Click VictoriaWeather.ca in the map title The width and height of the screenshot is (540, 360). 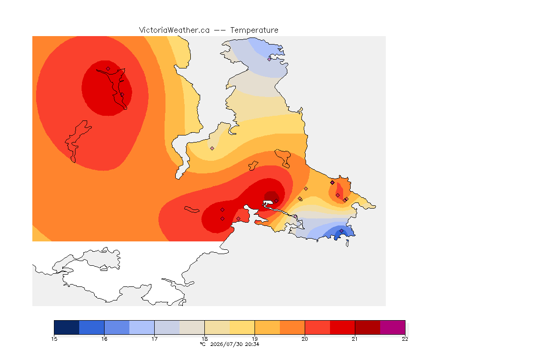coord(174,30)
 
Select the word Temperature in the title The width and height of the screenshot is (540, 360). coord(254,30)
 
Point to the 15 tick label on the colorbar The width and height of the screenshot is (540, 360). coord(54,339)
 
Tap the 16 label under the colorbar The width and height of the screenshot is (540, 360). coord(105,339)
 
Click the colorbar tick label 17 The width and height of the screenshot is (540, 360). coord(154,339)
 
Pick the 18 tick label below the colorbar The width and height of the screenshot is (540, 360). coord(204,339)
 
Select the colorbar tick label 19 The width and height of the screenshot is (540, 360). coord(255,339)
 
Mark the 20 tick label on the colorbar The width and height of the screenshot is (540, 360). coord(305,339)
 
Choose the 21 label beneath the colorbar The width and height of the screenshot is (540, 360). coord(355,339)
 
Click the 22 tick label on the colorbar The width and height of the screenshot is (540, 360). coord(405,339)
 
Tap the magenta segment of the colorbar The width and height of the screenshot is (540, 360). coord(393,327)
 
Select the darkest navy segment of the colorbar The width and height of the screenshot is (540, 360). coord(67,327)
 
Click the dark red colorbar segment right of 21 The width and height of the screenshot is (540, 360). coord(367,327)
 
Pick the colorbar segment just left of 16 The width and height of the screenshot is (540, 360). coord(91,327)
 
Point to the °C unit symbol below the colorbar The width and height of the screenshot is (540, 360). coord(203,344)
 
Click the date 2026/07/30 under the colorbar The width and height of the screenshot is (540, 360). coord(226,344)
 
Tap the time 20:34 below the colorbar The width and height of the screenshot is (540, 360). coord(252,344)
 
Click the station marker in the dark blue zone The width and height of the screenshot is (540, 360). coord(341,231)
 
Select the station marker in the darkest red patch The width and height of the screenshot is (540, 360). coord(276,201)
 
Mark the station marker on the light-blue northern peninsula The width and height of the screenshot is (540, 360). coord(270,59)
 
